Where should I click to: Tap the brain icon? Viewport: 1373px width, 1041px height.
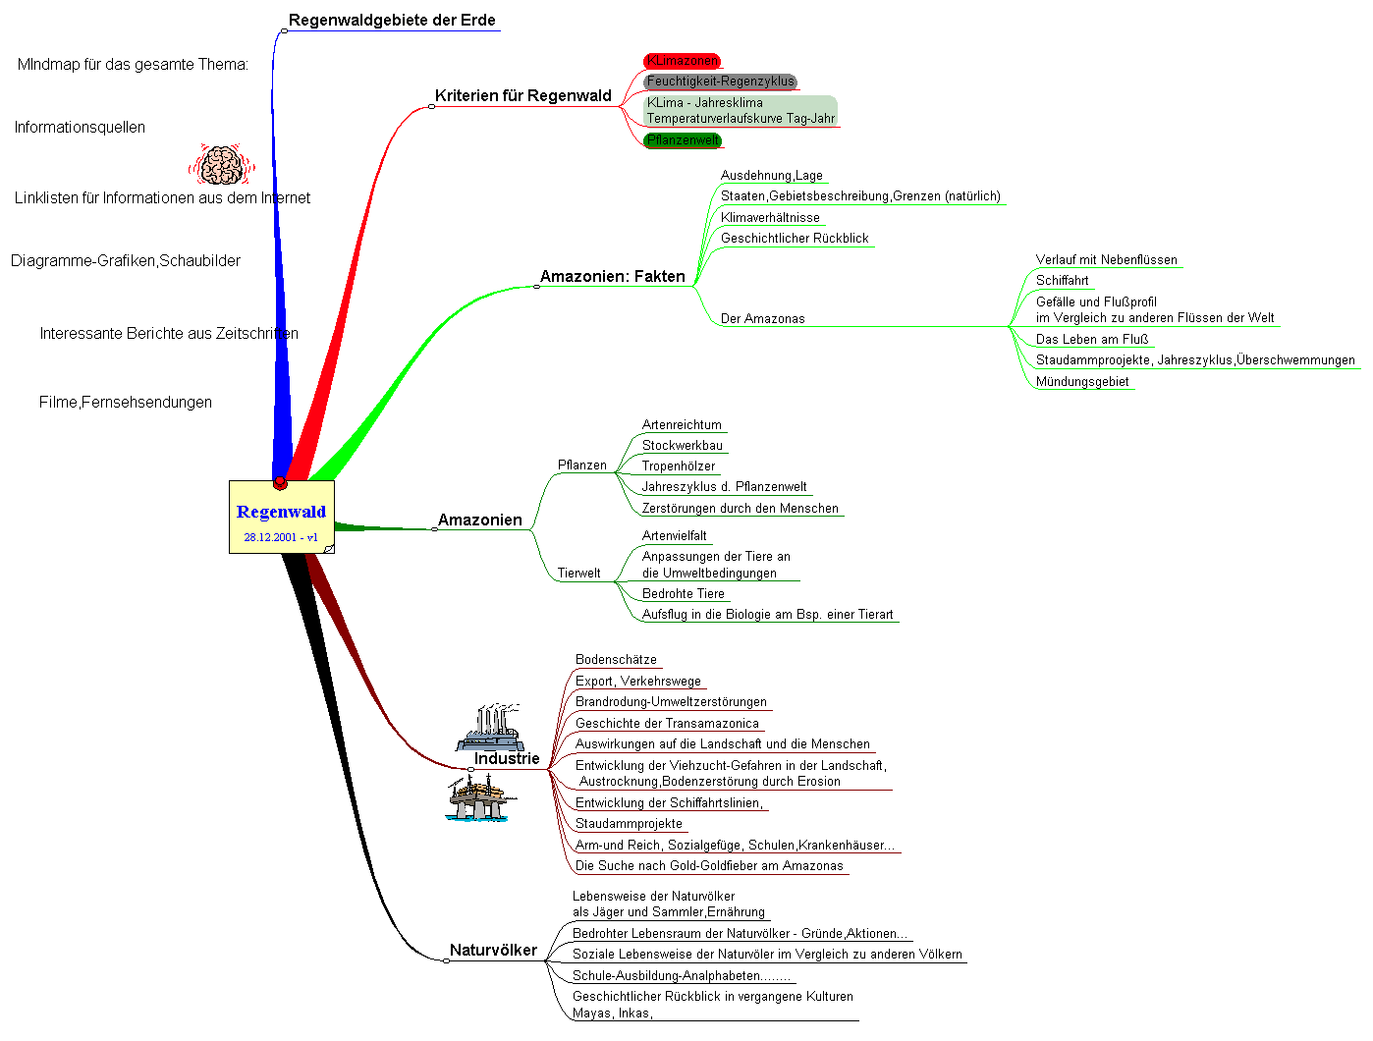[221, 165]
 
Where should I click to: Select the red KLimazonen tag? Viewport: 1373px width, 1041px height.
[682, 61]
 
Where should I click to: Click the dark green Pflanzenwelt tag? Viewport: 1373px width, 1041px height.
[683, 140]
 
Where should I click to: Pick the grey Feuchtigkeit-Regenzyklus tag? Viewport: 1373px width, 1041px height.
[720, 82]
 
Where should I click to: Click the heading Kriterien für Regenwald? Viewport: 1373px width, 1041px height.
[522, 96]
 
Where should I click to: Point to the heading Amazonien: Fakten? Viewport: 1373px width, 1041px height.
[612, 277]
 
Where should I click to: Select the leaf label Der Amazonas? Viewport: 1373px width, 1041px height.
[762, 319]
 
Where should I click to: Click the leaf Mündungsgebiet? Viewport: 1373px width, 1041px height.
[1081, 382]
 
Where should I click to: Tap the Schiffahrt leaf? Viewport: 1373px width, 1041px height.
[1062, 281]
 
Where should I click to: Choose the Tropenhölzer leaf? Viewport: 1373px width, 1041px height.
[678, 466]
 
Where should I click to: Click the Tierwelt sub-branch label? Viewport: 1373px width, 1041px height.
[578, 574]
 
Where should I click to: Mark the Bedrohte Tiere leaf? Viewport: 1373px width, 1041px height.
[683, 594]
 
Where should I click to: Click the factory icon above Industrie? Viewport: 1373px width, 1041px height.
[489, 727]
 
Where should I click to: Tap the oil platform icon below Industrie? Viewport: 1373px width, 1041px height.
[478, 797]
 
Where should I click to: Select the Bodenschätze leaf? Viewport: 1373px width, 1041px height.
[616, 660]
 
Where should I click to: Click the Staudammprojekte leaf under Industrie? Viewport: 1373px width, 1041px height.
[629, 824]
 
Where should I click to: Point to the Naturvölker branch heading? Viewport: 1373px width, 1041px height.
[493, 951]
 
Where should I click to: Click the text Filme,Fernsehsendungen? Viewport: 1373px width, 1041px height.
[126, 403]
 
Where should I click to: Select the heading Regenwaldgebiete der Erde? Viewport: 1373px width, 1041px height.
[392, 21]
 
